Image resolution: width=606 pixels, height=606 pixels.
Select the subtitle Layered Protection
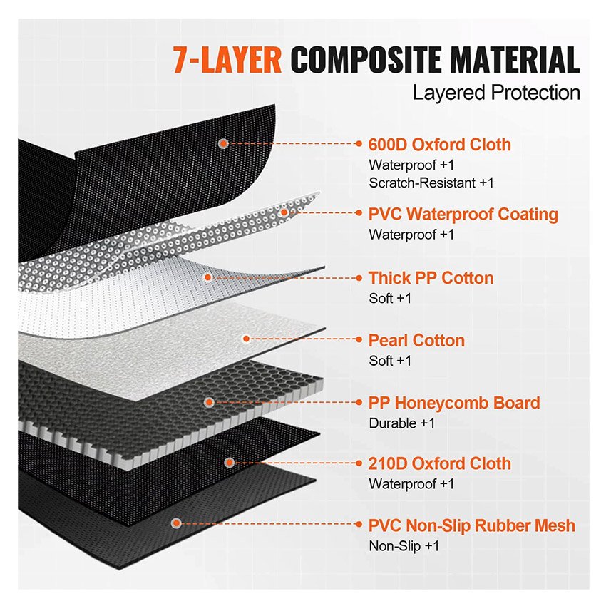496,93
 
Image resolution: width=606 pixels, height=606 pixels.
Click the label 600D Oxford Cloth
439,145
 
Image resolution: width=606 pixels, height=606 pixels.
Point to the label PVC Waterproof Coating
463,214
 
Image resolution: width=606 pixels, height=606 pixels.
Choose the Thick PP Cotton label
431,278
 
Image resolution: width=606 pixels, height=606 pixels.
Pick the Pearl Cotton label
416,340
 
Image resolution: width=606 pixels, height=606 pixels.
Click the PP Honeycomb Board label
454,403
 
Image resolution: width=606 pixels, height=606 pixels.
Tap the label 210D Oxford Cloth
439,463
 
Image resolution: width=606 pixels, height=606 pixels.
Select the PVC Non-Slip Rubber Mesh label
471,526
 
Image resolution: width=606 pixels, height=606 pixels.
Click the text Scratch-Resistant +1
431,183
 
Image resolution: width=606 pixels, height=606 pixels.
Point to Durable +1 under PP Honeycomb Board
402,423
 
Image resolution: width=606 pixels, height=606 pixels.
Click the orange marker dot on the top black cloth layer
223,143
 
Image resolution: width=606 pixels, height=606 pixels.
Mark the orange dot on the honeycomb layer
209,403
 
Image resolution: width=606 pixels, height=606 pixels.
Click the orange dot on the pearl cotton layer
246,339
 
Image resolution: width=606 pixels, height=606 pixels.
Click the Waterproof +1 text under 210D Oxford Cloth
411,483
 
